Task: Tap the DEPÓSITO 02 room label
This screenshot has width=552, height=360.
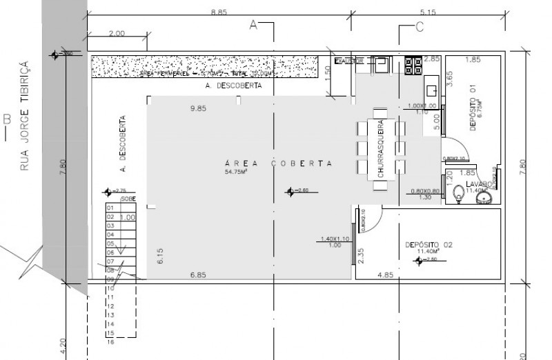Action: click(x=428, y=246)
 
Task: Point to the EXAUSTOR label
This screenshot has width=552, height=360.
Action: click(x=348, y=61)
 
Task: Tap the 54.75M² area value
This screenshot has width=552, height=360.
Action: click(x=236, y=172)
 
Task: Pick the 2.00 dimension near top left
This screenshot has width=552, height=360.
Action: click(x=117, y=33)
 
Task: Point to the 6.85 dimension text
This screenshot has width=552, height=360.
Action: click(x=199, y=274)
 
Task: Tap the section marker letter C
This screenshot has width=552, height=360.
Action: click(x=419, y=27)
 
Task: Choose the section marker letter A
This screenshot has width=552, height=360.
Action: click(x=253, y=25)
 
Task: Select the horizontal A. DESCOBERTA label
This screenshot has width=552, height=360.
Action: click(x=228, y=88)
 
